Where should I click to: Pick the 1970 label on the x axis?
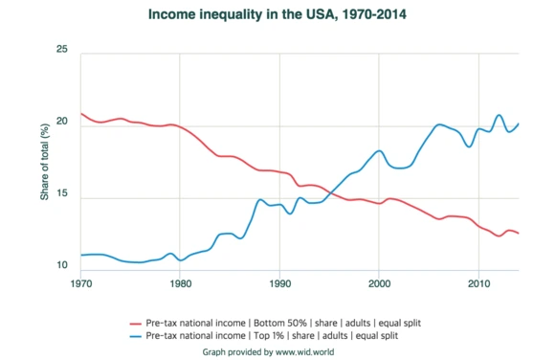click(x=81, y=284)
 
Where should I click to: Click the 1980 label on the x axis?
click(x=179, y=284)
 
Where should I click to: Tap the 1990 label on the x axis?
click(x=279, y=284)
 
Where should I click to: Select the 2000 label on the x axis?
click(x=379, y=284)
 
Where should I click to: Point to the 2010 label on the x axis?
click(x=478, y=284)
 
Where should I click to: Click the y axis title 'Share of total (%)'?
click(x=44, y=163)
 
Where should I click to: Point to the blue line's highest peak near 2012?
click(x=499, y=115)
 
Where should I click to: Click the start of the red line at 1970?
click(x=81, y=113)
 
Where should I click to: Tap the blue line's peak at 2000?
click(x=380, y=151)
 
